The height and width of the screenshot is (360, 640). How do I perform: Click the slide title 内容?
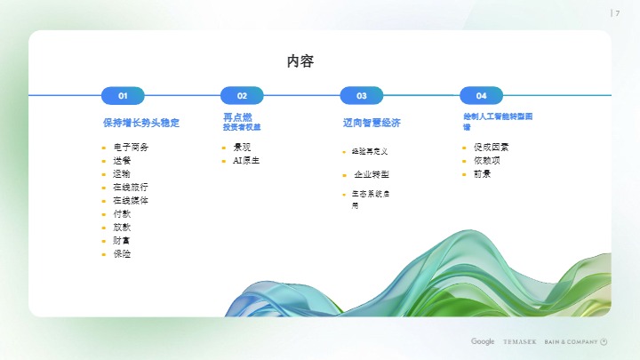[x=300, y=61]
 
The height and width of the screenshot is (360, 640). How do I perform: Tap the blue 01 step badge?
[x=123, y=95]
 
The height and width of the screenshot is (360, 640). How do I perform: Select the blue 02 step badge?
[x=242, y=95]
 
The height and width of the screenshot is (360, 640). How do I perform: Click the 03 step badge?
[x=361, y=95]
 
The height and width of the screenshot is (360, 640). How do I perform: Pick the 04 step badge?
[x=481, y=95]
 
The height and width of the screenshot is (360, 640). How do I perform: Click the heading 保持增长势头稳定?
[x=140, y=122]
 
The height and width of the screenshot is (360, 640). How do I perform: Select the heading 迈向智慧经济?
[x=372, y=122]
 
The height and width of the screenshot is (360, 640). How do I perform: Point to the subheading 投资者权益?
[x=242, y=127]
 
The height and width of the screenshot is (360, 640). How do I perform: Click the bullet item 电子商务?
[x=130, y=147]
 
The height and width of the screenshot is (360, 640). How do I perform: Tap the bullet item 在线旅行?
[x=130, y=187]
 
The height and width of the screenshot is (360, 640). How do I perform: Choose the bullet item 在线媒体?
[x=130, y=200]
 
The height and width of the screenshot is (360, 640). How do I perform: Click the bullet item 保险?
[x=122, y=253]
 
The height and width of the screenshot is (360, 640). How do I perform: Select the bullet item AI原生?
[x=245, y=161]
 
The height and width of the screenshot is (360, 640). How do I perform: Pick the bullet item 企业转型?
[x=371, y=174]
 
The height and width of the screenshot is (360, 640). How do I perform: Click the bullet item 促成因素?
[x=491, y=147]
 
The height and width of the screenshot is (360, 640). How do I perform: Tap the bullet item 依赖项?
[x=487, y=160]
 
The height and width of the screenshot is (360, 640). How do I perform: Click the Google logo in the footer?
[x=483, y=341]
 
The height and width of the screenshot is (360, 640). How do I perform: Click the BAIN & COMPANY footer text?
[x=571, y=341]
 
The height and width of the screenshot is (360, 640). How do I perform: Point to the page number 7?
[x=618, y=12]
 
